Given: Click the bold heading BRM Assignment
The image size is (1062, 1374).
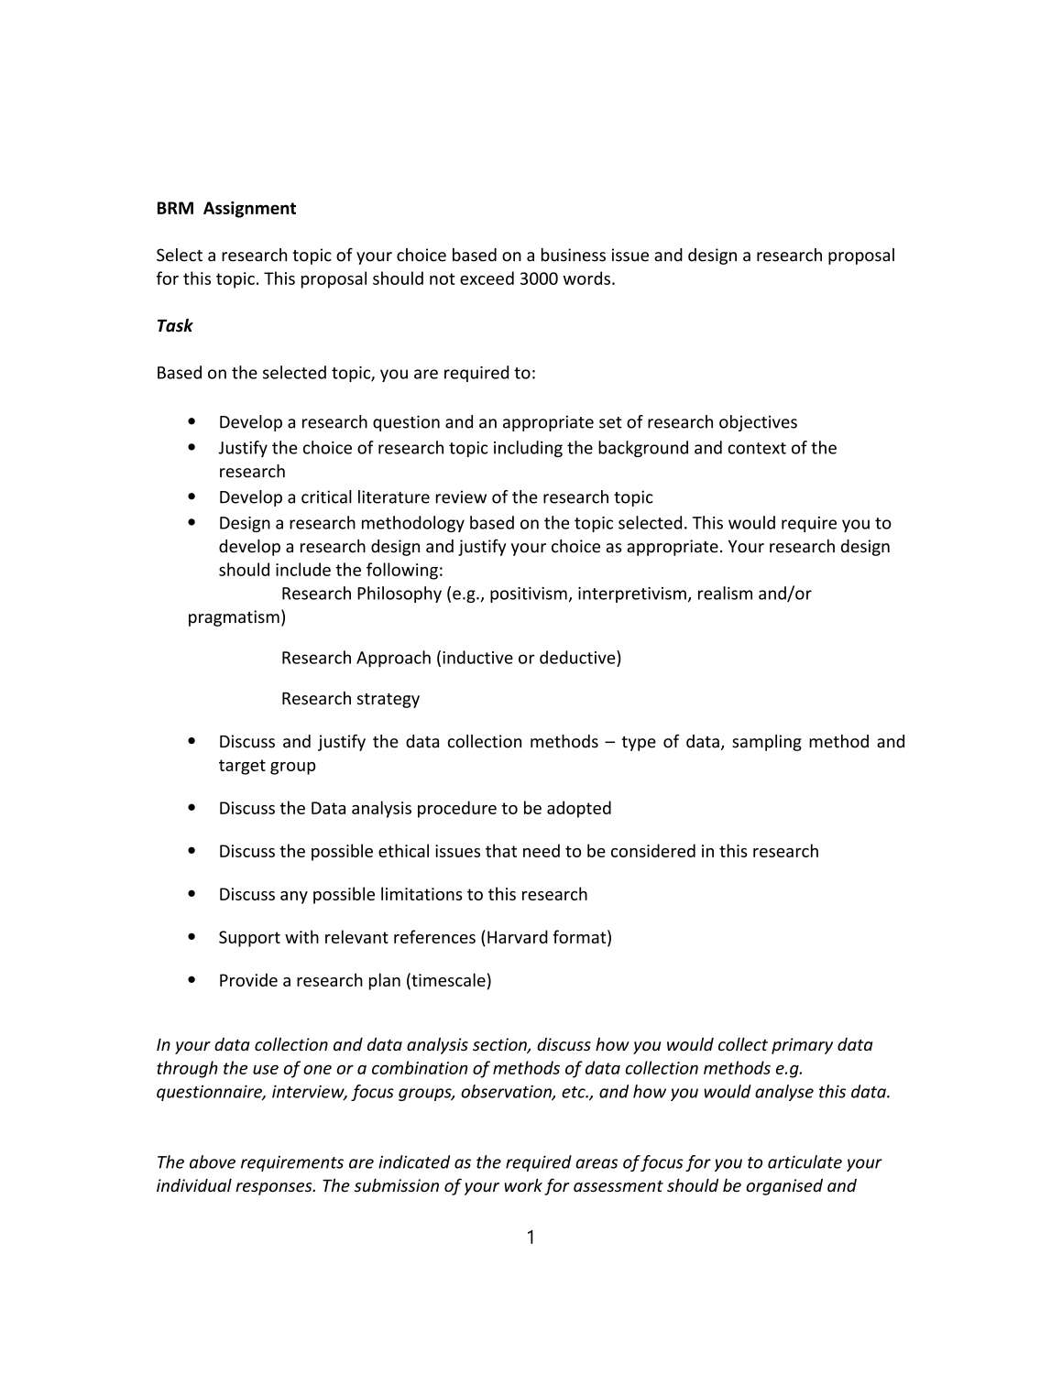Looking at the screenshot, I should [x=225, y=208].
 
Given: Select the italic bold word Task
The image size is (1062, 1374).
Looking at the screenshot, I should [x=174, y=325].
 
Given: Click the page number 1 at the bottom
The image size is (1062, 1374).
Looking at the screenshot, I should [x=531, y=1238].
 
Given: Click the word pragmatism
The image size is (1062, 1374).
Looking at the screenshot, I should [x=235, y=617].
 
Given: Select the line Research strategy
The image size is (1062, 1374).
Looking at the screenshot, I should [x=350, y=699].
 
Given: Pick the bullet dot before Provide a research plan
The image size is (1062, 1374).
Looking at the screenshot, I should [x=192, y=979].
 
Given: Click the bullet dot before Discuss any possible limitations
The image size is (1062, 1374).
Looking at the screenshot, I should [x=192, y=893].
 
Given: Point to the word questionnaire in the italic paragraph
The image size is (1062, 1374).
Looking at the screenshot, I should [x=210, y=1092].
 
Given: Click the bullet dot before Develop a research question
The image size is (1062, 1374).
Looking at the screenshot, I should [x=192, y=421].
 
